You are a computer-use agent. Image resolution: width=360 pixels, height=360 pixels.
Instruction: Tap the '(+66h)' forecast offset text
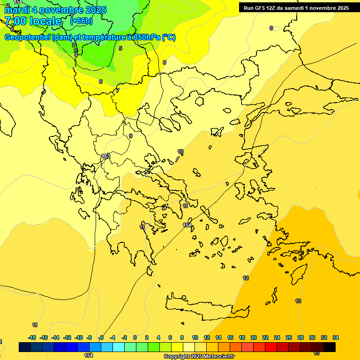[x=81, y=21]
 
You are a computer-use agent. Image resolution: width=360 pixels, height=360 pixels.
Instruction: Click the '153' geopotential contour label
[x=106, y=156]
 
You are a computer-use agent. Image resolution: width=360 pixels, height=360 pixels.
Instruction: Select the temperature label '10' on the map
[x=180, y=151]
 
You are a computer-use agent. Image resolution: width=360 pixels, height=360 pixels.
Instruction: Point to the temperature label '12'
[x=246, y=278]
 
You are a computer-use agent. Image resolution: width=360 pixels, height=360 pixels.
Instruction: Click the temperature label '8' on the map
[x=165, y=62]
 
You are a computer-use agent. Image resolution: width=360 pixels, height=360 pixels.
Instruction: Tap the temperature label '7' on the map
[x=118, y=90]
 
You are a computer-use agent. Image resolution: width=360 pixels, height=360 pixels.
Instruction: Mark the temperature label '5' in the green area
[x=120, y=48]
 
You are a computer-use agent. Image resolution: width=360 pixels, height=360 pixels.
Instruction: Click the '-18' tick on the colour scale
[x=32, y=337]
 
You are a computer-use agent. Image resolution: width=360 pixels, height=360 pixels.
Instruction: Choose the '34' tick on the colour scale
[x=336, y=337]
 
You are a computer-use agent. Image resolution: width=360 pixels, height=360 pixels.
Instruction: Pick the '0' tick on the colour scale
[x=135, y=337]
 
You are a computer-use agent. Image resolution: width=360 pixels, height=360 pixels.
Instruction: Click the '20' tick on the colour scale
[x=254, y=337]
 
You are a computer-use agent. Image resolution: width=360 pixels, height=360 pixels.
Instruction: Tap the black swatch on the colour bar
[x=330, y=347]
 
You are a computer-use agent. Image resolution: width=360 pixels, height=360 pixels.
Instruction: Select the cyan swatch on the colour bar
[x=119, y=347]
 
